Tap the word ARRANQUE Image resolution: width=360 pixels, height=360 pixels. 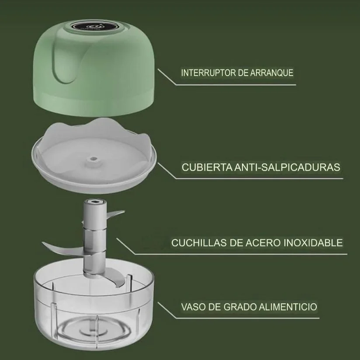272,73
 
